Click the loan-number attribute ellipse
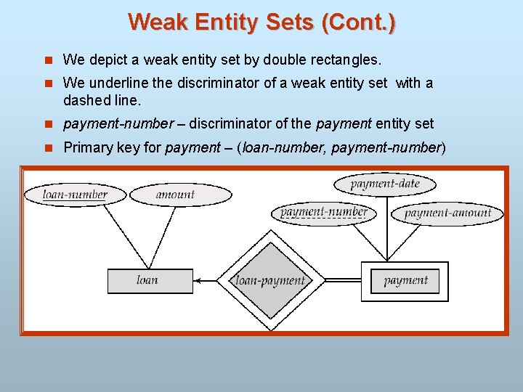75,194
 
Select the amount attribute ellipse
175,194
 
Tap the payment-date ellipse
385,184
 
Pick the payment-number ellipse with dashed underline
323,213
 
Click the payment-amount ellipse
447,213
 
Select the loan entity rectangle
150,280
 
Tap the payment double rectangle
405,280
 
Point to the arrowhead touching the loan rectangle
198,280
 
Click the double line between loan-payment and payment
342,279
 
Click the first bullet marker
49,59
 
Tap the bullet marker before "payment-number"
49,124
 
